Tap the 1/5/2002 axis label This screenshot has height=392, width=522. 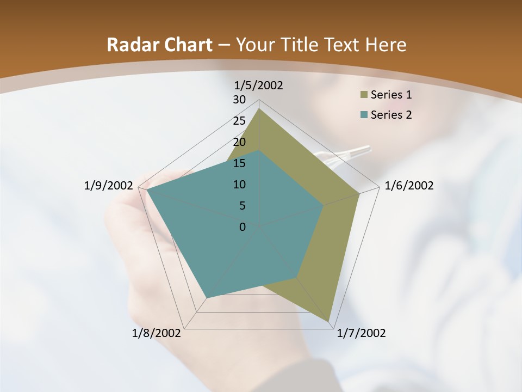[x=259, y=85]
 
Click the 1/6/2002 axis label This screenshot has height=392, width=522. [x=409, y=186]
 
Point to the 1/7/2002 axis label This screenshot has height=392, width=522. [x=362, y=333]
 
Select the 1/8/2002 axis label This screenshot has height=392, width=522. [x=157, y=333]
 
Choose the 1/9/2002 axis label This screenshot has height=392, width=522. [x=109, y=186]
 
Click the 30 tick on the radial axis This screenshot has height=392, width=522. [x=239, y=100]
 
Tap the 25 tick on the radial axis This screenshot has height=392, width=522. [x=239, y=121]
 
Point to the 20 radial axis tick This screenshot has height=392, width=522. [x=239, y=142]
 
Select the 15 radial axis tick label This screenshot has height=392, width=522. [x=239, y=163]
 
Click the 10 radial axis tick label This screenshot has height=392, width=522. [x=239, y=185]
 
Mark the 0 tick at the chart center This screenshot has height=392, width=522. [x=243, y=227]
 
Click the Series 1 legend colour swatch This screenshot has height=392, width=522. [x=362, y=95]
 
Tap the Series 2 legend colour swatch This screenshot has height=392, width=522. [x=362, y=115]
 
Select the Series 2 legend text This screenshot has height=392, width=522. [x=391, y=115]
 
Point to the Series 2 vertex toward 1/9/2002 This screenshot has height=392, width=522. [x=147, y=191]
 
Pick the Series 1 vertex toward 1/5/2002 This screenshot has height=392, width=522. [x=259, y=109]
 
